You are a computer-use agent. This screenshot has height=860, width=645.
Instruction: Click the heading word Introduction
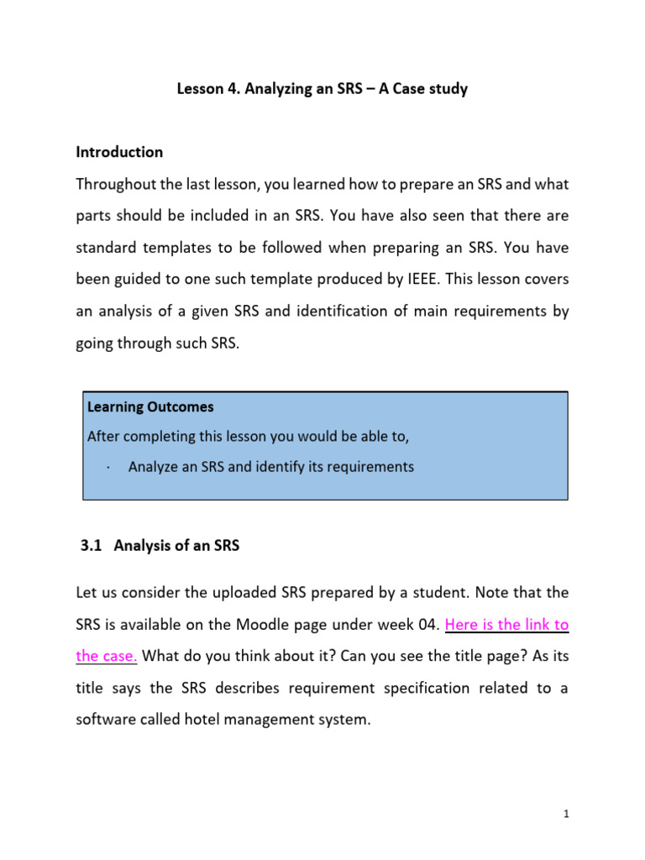pos(119,152)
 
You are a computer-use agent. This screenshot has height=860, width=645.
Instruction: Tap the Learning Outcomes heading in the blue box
pos(150,406)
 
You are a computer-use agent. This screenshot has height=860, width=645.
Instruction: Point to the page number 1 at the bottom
pos(568,813)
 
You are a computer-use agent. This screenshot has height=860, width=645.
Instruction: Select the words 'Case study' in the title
pos(431,88)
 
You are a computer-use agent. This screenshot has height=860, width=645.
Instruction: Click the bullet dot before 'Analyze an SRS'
pos(110,467)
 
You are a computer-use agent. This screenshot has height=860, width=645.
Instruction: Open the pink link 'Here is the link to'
pos(506,624)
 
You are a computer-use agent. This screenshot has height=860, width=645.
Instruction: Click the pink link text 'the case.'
pos(107,656)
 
